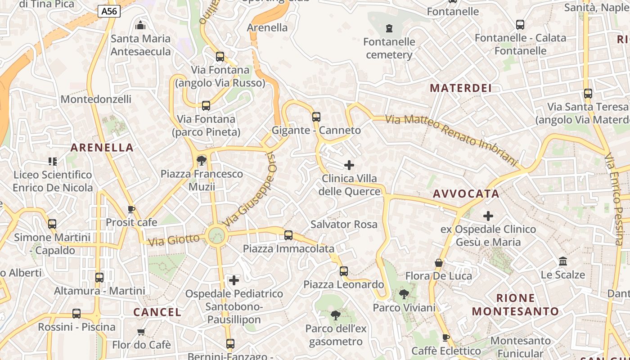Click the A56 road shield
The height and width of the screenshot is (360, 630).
[x=109, y=11]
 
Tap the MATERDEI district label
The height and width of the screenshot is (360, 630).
[x=461, y=88]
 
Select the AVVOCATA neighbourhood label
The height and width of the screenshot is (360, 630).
[x=466, y=194]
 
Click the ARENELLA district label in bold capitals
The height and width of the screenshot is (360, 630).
[x=102, y=148]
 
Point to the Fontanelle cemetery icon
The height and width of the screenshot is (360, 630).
[x=389, y=28]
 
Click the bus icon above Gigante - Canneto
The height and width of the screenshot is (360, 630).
[x=316, y=117]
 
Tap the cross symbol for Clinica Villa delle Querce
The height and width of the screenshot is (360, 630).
[x=349, y=165]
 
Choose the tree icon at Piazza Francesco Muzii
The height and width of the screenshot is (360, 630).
[x=202, y=161]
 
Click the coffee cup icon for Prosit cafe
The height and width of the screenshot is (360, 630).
[x=131, y=209]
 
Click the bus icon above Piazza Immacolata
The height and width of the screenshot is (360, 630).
[x=288, y=235]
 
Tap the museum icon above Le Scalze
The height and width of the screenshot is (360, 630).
[x=562, y=261]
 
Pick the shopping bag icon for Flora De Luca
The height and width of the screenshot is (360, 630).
[x=439, y=262]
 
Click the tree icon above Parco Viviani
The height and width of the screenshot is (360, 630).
[x=404, y=294]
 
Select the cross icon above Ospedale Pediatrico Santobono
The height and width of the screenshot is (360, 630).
[x=234, y=280]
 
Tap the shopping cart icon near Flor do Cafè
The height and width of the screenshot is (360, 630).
[x=141, y=332]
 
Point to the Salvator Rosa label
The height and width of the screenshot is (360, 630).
[x=344, y=224]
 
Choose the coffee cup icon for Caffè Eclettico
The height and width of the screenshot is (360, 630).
[x=446, y=337]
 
